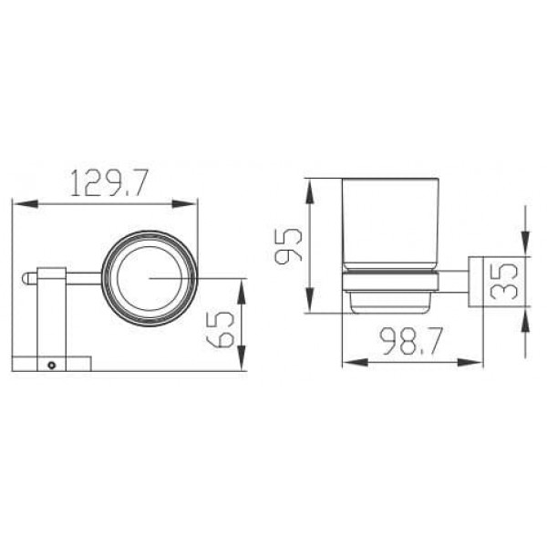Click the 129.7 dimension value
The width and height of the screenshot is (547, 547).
(x=109, y=182)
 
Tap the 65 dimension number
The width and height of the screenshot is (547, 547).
(x=220, y=329)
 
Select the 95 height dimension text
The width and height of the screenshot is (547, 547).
(x=288, y=246)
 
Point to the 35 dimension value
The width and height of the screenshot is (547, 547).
(x=503, y=281)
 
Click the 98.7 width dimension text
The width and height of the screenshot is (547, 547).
(x=411, y=341)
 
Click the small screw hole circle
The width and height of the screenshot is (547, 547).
(x=52, y=366)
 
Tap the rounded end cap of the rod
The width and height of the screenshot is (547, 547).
(x=26, y=278)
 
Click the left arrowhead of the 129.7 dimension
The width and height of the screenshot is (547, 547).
(x=26, y=203)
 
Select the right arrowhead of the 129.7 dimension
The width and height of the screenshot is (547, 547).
(x=185, y=203)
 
